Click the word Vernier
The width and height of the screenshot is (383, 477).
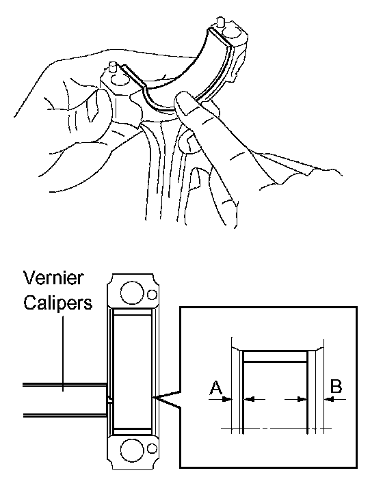coord(53,278)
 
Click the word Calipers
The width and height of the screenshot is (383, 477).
coord(58,303)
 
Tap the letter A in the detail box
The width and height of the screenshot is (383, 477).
coord(216,387)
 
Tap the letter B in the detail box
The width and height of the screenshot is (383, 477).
coord(336,386)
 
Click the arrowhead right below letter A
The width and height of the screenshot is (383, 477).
coord(227,399)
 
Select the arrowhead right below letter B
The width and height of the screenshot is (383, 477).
coord(330,398)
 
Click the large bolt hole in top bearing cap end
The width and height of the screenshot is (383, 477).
coord(132,292)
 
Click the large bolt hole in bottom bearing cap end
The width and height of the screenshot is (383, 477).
coord(132,450)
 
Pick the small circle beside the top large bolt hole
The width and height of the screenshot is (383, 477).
coord(152,295)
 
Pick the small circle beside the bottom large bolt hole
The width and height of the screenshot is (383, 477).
coord(152,449)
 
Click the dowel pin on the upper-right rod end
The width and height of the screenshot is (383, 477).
coord(220,22)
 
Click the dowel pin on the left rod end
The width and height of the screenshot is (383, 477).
coord(113,66)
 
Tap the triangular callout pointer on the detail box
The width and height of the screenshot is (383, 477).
coord(167,398)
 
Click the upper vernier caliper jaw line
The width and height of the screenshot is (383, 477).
coord(64,385)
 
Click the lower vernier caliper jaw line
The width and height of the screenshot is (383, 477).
coord(64,415)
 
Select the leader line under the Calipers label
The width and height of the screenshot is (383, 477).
coord(64,353)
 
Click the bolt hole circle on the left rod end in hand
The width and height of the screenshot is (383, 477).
coord(118,80)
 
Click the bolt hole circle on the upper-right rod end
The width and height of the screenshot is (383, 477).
coord(229,31)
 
